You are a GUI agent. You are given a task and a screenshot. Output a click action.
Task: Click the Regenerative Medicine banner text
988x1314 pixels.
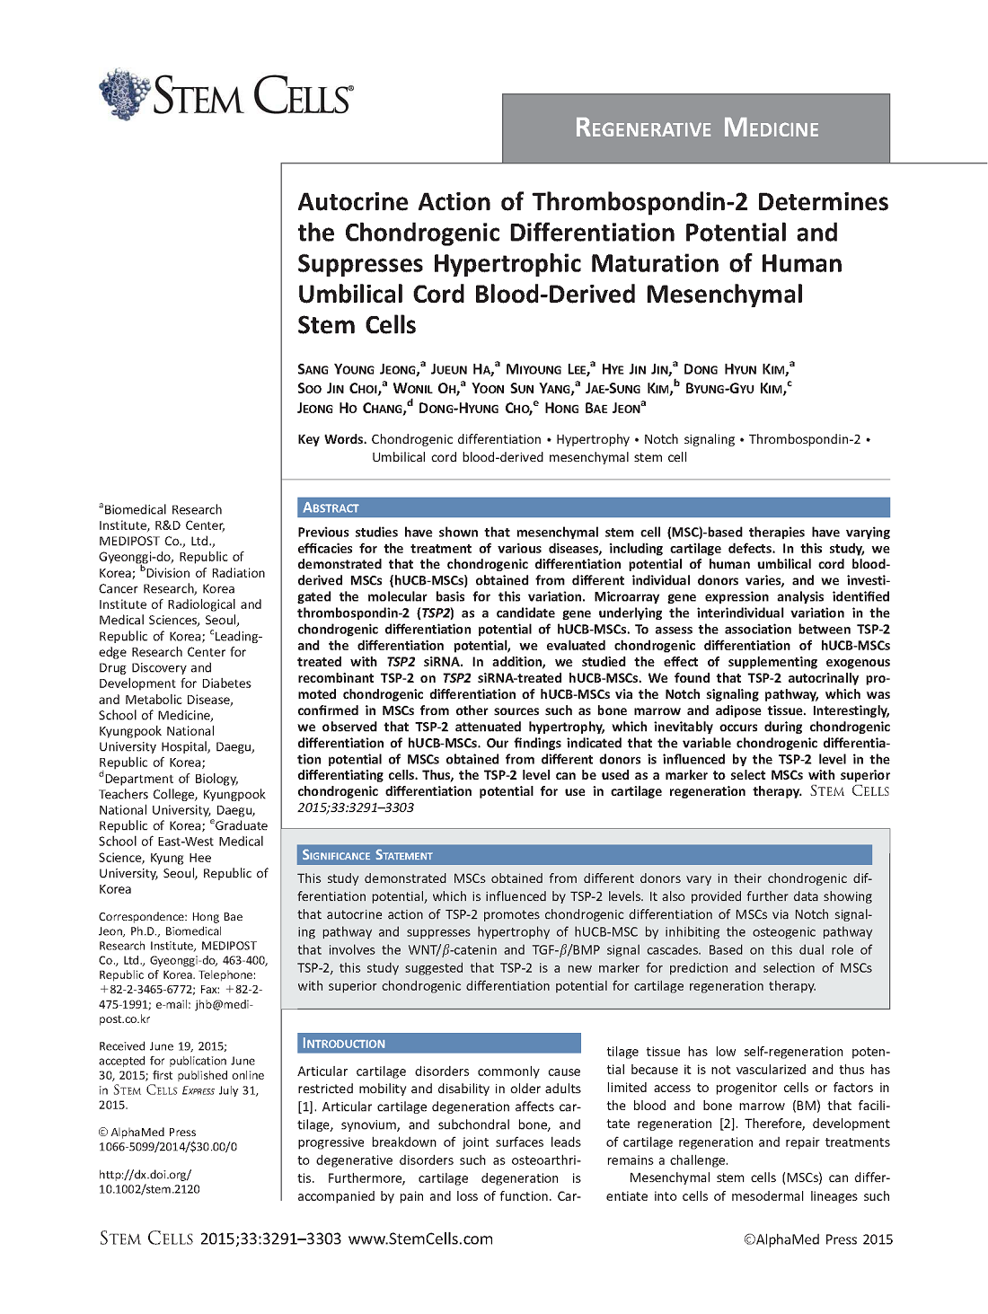696,128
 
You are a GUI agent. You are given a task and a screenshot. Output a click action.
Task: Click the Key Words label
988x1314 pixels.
331,439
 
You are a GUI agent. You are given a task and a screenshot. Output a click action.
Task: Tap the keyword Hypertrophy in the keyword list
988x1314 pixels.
593,439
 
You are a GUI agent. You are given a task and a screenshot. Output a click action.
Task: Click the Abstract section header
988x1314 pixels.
331,508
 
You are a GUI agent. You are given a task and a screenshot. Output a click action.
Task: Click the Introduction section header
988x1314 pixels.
343,1044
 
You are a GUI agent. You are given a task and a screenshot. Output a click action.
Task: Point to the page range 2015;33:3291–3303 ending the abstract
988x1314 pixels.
356,807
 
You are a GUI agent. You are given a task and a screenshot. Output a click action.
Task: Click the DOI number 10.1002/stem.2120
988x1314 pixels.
149,1189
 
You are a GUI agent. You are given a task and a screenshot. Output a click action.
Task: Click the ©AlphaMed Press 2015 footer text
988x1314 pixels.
818,1239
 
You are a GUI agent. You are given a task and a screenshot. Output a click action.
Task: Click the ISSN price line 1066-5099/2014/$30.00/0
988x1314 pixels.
167,1147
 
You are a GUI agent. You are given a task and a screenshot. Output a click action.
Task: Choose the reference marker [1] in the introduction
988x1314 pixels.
306,1107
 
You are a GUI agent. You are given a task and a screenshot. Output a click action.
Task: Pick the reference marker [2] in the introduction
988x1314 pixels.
728,1124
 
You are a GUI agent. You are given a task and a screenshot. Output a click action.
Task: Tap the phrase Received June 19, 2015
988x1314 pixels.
162,1046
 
